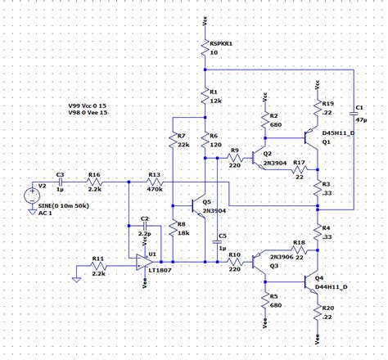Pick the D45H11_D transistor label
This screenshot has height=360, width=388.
coord(339,132)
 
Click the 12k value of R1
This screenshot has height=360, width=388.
coord(215,100)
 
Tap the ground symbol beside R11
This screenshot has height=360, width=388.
coord(75,278)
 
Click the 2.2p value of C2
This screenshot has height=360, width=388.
coord(145,232)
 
